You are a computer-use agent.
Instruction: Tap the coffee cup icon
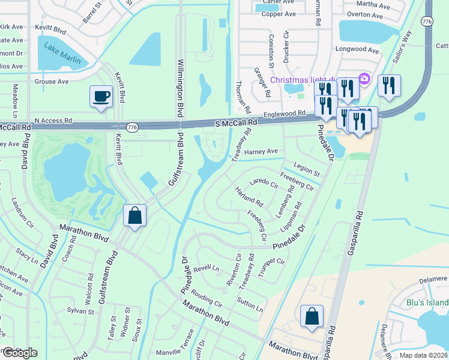tap(101, 97)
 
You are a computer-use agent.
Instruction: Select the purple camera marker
tap(364, 79)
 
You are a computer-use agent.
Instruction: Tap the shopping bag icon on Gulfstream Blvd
tap(135, 215)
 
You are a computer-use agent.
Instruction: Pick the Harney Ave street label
tap(261, 152)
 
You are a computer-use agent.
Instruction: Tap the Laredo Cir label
tap(264, 182)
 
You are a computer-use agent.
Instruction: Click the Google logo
tap(19, 353)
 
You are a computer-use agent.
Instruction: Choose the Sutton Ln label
tap(250, 305)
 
